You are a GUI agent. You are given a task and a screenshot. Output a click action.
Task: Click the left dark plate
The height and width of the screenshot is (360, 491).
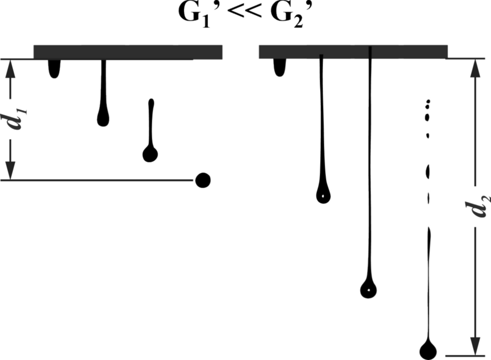pos(127,52)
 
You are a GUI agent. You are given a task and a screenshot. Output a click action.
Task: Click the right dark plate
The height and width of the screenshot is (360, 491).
pos(353,52)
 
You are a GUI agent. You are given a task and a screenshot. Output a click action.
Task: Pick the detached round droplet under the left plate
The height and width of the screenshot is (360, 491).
pos(203,180)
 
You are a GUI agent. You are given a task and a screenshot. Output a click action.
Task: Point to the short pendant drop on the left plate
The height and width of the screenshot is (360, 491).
pos(54,69)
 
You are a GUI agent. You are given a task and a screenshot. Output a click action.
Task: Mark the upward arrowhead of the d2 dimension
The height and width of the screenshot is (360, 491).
pos(475,69)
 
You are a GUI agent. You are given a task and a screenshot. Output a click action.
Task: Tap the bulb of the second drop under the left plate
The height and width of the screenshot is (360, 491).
pos(103,119)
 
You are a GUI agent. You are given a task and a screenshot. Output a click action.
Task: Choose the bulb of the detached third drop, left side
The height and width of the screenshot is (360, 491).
pos(150,153)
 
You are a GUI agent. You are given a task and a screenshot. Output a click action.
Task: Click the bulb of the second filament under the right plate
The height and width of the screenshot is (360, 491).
pos(323,194)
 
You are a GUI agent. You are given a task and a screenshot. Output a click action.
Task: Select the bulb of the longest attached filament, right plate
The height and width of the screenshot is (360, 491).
pos(368,289)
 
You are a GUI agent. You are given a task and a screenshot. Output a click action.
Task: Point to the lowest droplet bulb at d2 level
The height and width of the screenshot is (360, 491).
pos(429,349)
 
